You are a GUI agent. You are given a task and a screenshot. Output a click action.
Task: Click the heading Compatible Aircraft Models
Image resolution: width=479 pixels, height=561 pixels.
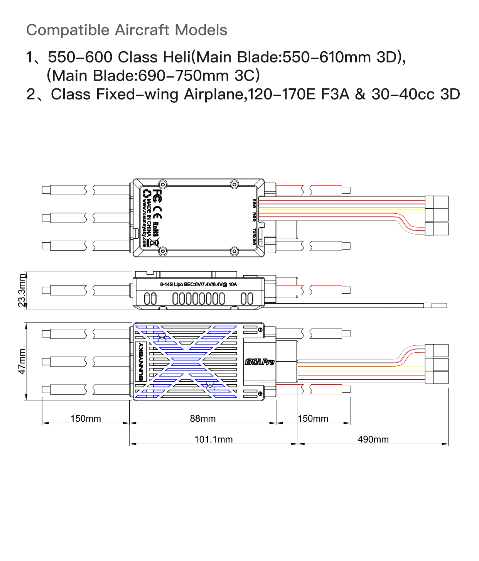point(126,30)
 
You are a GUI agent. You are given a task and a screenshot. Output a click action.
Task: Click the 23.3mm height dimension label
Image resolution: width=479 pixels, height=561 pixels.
point(22,290)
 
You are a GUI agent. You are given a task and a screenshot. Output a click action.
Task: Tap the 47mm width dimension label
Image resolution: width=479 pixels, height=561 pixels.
point(22,362)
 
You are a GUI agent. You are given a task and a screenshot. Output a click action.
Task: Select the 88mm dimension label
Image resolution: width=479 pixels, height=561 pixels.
point(202,419)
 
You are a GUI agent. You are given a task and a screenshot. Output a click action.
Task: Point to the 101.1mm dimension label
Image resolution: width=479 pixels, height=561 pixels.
point(213,439)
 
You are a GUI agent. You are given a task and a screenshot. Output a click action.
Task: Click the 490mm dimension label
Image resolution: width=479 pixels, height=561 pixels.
point(373,439)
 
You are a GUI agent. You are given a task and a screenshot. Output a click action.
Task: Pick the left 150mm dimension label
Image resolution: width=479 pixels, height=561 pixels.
point(86,419)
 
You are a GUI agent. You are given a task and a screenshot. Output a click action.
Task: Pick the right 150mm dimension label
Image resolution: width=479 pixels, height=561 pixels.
point(313,419)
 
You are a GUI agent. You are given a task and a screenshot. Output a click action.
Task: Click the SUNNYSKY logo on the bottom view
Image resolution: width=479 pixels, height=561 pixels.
point(141,362)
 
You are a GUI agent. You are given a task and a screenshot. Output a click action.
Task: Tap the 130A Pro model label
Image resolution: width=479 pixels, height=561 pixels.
point(260,362)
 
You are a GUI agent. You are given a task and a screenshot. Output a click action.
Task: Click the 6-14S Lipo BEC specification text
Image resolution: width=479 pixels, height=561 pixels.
point(199,284)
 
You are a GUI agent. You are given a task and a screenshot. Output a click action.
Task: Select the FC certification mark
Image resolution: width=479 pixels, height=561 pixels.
point(157,196)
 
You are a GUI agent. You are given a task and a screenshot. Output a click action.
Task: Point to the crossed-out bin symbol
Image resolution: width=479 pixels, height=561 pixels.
point(155,243)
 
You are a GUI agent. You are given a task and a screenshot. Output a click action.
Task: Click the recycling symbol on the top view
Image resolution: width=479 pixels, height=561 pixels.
point(147,193)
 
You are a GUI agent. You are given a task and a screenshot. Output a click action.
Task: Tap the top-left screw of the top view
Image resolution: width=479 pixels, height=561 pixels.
point(163,184)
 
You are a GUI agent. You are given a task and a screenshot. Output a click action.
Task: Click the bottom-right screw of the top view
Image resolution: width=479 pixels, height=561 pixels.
point(234,252)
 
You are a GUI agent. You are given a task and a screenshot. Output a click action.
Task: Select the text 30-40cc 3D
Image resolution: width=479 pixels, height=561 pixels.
point(416,94)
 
